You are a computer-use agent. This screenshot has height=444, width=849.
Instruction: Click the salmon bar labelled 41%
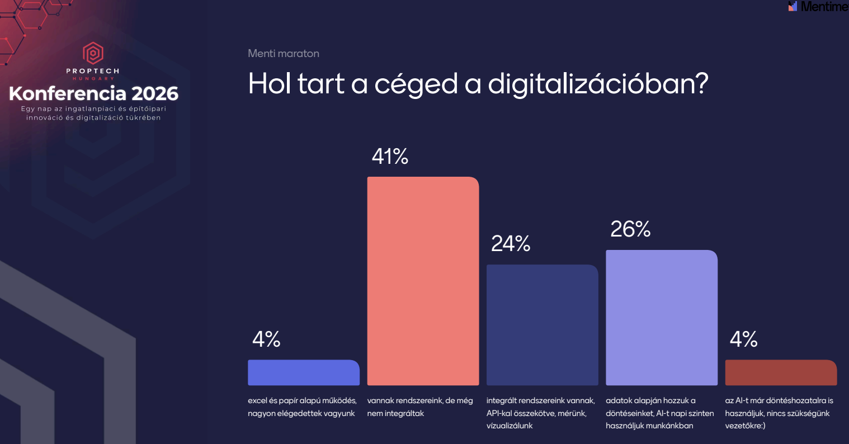click(423, 281)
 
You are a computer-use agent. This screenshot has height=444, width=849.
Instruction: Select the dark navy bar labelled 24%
click(543, 325)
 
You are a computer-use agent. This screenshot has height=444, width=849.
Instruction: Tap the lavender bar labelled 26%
click(662, 318)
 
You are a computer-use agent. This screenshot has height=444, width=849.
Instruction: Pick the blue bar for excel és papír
click(304, 372)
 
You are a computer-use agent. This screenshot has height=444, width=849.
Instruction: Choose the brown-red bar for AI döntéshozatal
click(781, 372)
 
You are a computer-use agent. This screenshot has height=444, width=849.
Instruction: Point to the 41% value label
click(390, 156)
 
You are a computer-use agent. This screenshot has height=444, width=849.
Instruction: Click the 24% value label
click(511, 243)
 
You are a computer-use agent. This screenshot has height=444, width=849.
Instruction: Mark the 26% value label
click(630, 229)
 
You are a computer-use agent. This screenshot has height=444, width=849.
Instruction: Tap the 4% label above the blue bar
click(266, 339)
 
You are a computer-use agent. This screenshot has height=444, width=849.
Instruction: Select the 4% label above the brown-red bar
click(744, 339)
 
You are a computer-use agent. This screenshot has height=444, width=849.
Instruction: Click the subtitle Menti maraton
click(284, 54)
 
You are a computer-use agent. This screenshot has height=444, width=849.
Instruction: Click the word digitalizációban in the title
click(598, 84)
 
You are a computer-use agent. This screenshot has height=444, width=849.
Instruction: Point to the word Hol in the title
click(270, 83)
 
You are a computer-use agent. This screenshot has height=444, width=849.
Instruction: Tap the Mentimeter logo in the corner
click(818, 6)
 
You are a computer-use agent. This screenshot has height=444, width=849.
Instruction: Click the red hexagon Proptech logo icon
click(93, 53)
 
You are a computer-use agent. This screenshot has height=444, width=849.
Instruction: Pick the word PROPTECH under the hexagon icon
click(93, 71)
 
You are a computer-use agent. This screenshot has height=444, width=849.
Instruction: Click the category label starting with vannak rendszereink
click(420, 407)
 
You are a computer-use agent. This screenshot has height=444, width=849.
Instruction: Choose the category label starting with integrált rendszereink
click(541, 413)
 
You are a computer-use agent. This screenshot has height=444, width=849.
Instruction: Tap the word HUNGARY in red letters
click(93, 78)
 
